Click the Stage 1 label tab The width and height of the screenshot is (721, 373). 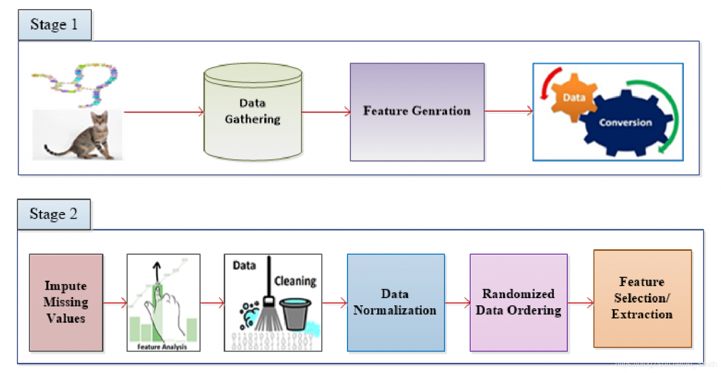point(55,25)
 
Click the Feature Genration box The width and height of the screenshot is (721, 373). point(417,112)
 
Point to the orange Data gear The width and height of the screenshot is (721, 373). point(573,97)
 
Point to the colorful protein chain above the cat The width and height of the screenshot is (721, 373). point(84,85)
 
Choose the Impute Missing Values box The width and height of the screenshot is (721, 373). point(66,303)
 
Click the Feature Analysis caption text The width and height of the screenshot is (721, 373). point(162,347)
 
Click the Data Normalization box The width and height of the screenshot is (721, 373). point(395,303)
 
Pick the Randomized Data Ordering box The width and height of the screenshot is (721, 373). point(518,303)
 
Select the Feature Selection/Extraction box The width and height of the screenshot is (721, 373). point(642,298)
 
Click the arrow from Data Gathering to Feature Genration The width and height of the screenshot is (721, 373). point(326,112)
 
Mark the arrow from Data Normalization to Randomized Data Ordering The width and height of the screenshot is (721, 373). point(457,304)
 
